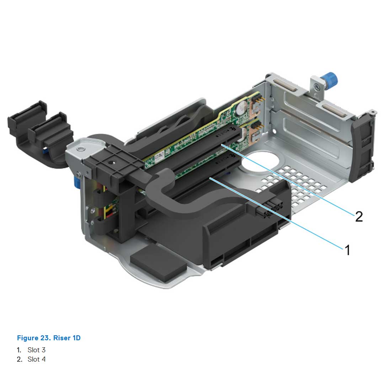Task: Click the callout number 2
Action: (359, 216)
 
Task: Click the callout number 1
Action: (347, 250)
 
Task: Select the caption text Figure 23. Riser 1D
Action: (49, 338)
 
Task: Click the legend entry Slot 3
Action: (36, 350)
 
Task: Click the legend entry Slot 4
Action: (36, 359)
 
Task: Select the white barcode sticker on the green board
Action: (159, 154)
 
